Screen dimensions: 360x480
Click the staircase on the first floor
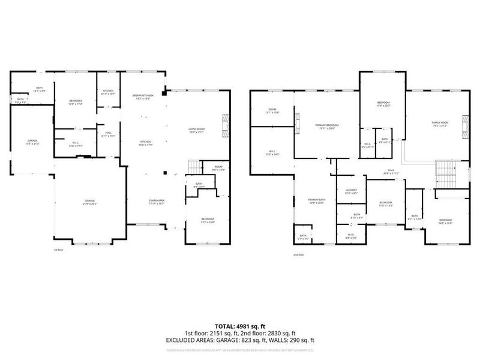pyautogui.click(x=193, y=166)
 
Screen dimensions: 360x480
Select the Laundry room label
pyautogui.click(x=351, y=192)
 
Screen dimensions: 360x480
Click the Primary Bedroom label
pyautogui.click(x=327, y=126)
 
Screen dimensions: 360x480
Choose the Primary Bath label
pyautogui.click(x=316, y=201)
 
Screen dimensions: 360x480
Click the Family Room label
pyautogui.click(x=440, y=124)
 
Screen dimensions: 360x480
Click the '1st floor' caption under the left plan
pyautogui.click(x=58, y=249)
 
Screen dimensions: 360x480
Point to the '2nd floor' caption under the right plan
pyautogui.click(x=299, y=254)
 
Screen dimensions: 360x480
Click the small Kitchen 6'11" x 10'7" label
pyautogui.click(x=109, y=93)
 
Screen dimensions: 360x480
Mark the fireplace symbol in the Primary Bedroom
pyautogui.click(x=297, y=124)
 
